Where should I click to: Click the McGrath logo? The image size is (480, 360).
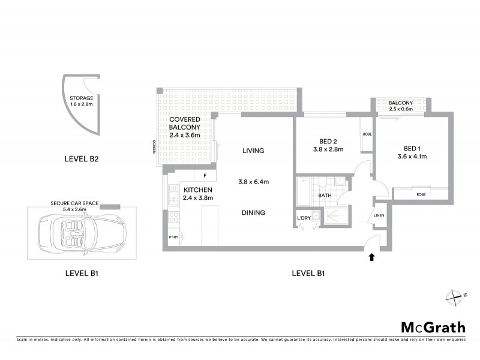[x=433, y=327]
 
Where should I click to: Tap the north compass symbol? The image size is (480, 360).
[x=454, y=296]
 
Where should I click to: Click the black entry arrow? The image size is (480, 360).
[x=371, y=257]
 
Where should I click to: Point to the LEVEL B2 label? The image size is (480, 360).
[x=81, y=160]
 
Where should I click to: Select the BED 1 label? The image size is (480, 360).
[x=411, y=149]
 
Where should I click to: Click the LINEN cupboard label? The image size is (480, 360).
[x=379, y=215]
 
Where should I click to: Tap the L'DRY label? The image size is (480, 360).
[x=304, y=218]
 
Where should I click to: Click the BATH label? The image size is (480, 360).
[x=325, y=196]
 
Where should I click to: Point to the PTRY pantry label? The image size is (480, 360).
[x=173, y=237]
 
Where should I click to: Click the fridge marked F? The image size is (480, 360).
[x=205, y=176]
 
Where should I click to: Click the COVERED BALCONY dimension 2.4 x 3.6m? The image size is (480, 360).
[x=186, y=136]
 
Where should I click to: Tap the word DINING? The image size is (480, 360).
[x=253, y=212]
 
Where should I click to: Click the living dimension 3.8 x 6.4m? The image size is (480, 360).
[x=253, y=182]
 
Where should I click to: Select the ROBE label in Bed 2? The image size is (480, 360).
[x=367, y=134]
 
